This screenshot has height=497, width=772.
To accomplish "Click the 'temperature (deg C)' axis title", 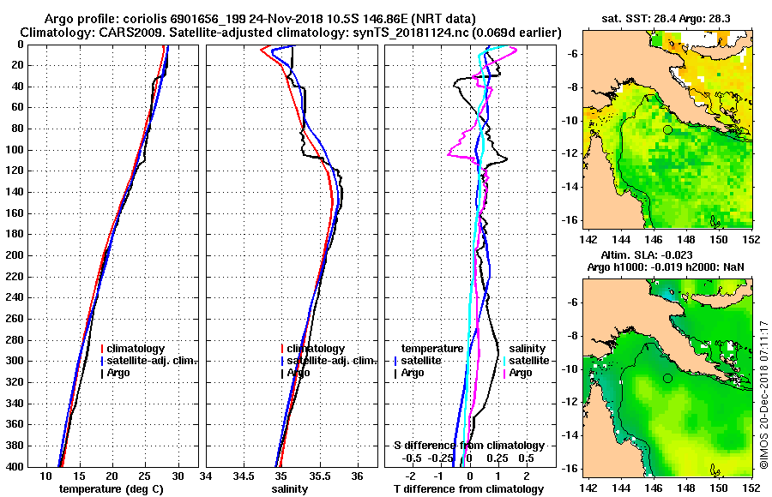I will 111,489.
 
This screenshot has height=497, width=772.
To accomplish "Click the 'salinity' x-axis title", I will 291,489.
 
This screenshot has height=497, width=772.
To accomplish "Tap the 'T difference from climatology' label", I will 468,489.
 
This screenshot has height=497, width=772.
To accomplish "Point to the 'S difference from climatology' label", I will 468,446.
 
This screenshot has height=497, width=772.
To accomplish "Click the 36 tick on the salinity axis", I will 358,476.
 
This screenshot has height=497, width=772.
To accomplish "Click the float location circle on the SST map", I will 667,129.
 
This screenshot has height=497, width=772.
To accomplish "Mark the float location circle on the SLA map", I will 667,378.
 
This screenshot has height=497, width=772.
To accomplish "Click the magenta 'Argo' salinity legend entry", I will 520,373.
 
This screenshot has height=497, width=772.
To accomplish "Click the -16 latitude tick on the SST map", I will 570,220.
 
